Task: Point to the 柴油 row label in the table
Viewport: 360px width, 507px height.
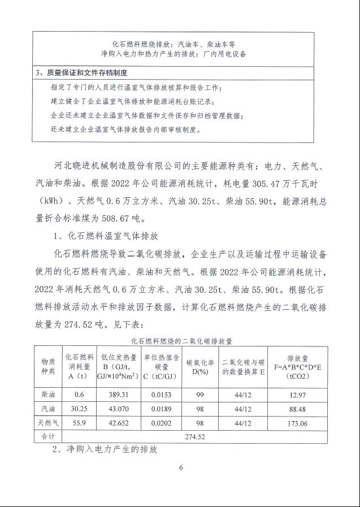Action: pyautogui.click(x=47, y=393)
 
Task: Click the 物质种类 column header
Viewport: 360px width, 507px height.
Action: pyautogui.click(x=47, y=366)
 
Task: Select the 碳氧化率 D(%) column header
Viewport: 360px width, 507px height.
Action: pyautogui.click(x=200, y=366)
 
